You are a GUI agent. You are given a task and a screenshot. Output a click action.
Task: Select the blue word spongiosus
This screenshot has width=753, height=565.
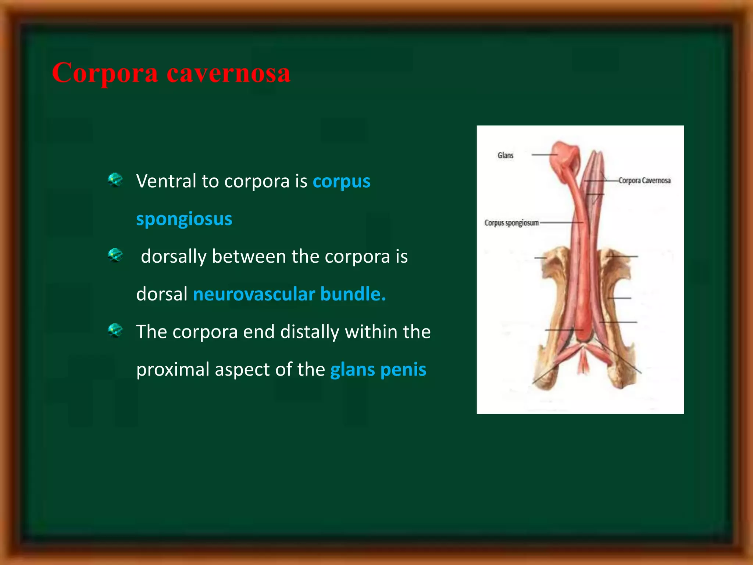coord(184,219)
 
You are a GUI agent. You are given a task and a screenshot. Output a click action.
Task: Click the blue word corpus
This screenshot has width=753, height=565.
coord(341,181)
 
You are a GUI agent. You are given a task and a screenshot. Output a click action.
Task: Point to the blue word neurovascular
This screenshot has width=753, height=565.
coord(254,294)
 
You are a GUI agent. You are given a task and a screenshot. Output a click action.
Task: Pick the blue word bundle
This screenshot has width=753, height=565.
coord(353,294)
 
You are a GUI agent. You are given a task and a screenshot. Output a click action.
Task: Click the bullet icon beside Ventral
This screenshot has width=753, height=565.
coord(115,180)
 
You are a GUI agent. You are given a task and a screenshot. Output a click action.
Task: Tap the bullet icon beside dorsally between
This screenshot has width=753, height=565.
coord(115,255)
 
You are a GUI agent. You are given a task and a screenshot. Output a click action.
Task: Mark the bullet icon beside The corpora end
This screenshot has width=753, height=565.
coord(115,330)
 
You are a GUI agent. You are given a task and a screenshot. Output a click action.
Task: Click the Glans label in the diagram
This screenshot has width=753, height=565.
coord(505,155)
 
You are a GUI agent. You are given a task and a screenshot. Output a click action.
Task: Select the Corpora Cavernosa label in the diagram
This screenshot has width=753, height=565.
coord(644,181)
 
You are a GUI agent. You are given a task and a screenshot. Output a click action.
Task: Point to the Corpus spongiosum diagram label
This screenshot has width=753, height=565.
coord(511,223)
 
